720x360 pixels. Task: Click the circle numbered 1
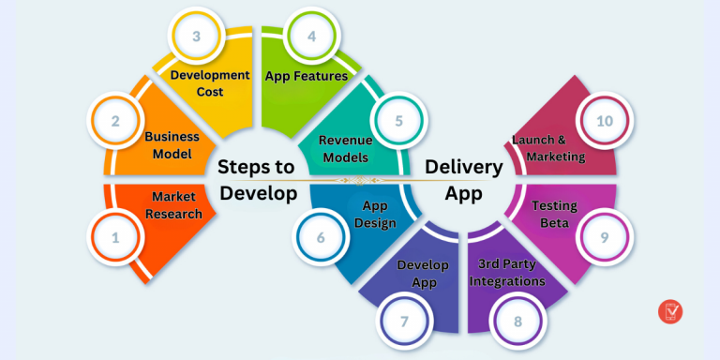[115, 238]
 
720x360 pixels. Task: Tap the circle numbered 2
[115, 121]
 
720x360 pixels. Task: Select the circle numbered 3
[196, 37]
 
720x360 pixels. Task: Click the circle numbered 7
[404, 322]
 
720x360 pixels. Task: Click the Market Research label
[176, 205]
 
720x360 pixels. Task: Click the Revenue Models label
[345, 148]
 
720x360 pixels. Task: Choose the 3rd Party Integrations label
[511, 272]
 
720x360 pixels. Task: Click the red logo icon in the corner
[671, 311]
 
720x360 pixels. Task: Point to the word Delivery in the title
[464, 167]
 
